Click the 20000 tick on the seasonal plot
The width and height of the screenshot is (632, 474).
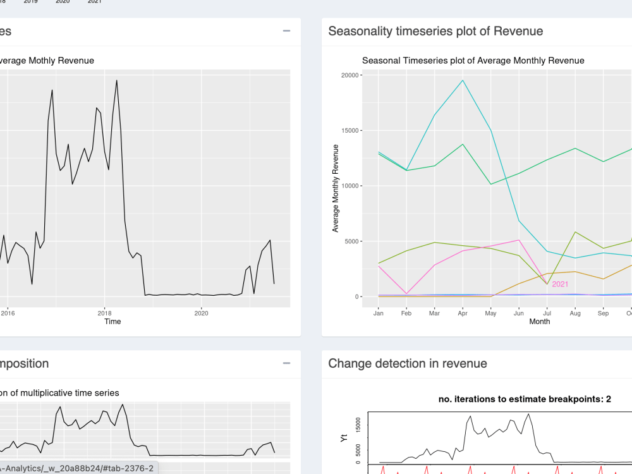click(350, 75)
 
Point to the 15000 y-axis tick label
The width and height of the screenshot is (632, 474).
click(350, 131)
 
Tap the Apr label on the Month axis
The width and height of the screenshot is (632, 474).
click(463, 313)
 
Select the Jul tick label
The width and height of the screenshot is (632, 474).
click(547, 313)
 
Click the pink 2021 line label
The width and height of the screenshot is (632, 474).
click(560, 284)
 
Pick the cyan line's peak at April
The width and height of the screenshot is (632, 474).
click(463, 80)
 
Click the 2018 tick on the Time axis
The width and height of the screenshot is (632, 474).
click(104, 313)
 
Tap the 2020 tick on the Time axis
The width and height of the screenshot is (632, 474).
click(201, 313)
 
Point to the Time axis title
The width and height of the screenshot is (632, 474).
click(112, 322)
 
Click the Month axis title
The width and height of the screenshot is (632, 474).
click(539, 322)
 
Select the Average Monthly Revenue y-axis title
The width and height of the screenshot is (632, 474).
click(336, 188)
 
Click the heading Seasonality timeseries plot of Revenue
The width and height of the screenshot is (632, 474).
click(435, 31)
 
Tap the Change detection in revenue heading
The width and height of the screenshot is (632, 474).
click(408, 363)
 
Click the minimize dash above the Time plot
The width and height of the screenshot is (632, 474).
click(286, 30)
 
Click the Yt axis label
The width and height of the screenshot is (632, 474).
click(344, 438)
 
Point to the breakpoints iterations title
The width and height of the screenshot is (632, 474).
click(525, 399)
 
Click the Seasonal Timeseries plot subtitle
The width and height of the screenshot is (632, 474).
click(473, 61)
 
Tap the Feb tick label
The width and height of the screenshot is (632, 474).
click(406, 313)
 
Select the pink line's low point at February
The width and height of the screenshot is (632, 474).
click(406, 293)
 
